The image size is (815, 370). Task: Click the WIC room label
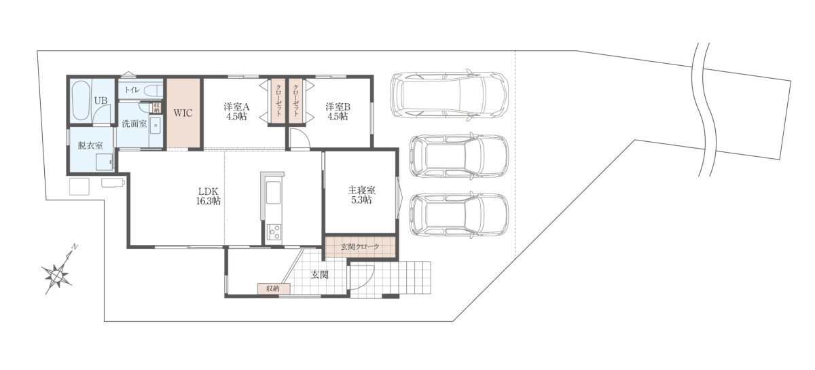183,113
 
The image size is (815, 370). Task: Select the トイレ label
132,90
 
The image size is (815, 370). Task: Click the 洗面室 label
134,124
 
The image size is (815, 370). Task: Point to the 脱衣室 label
90,145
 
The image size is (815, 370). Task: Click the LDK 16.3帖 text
209,196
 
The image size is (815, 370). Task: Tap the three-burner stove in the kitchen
274,232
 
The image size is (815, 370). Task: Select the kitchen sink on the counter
274,192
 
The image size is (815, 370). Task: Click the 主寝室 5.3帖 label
361,195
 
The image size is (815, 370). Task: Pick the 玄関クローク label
360,246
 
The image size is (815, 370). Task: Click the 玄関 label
319,275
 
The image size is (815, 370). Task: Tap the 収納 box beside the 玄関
274,289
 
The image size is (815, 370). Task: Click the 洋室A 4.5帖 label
236,111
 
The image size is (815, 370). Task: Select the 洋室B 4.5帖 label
338,111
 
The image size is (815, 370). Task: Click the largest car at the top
450,94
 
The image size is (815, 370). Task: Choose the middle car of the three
459,156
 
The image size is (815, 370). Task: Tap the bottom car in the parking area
459,215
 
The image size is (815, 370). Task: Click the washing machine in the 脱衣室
105,162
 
